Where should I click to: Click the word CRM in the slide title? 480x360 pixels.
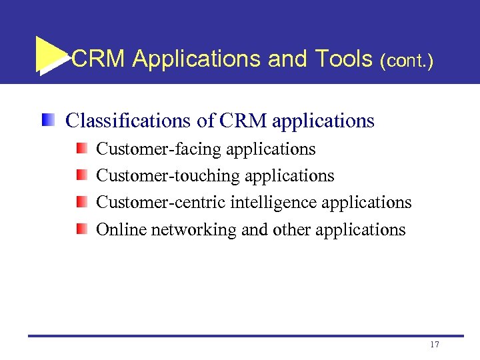point(98,59)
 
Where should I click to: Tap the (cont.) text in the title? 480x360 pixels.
point(406,61)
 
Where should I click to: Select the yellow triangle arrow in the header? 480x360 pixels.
point(50,55)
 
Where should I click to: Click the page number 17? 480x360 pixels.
point(435,345)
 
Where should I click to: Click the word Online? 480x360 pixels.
point(121,229)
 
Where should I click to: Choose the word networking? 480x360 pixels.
point(193,230)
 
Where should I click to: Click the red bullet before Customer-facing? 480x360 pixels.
point(81,148)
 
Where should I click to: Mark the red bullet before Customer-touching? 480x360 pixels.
point(81,175)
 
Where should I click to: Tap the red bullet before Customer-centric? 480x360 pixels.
point(81,201)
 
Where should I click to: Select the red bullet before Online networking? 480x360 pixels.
point(81,229)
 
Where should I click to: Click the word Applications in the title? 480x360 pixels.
point(197,60)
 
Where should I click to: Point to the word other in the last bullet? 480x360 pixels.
point(291,229)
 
